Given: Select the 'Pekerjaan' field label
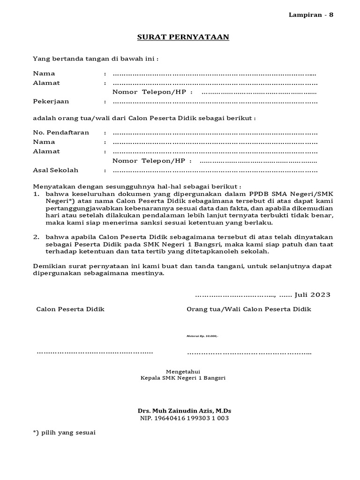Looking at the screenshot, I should point(51,101).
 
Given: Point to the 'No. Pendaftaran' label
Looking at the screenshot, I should point(61,133).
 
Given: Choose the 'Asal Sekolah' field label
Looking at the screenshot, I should point(56,170).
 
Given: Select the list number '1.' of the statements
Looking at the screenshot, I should point(36,194).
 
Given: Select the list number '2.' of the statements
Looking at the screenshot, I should point(36,238).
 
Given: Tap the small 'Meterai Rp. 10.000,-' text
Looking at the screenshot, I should point(202,336).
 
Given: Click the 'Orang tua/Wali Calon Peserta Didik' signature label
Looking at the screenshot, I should point(248,309).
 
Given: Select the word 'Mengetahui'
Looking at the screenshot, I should point(183,371).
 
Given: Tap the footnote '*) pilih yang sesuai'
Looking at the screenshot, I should point(64,433).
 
